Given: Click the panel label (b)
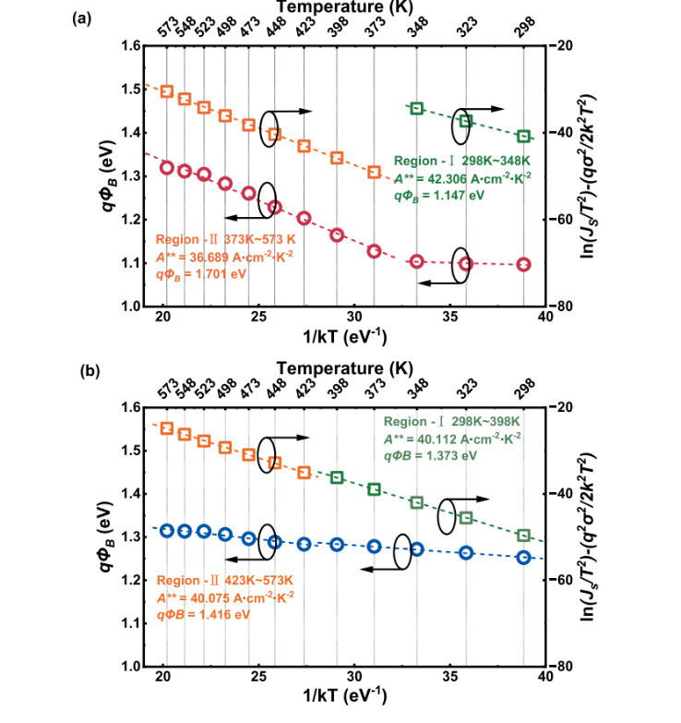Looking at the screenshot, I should click(x=82, y=372).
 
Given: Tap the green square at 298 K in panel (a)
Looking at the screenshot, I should click(x=524, y=136).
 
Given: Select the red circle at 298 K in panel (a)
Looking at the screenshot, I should click(x=524, y=265).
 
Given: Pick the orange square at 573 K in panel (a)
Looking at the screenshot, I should click(x=167, y=91).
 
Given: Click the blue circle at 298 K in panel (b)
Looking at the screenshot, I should click(x=524, y=557).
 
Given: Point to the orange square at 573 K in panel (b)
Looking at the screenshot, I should click(x=167, y=428).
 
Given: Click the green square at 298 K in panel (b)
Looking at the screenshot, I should click(x=524, y=536).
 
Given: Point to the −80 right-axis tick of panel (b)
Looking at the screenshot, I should click(x=564, y=667).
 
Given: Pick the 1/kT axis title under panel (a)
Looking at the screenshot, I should click(x=345, y=335).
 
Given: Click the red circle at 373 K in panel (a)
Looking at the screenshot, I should click(x=375, y=251).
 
